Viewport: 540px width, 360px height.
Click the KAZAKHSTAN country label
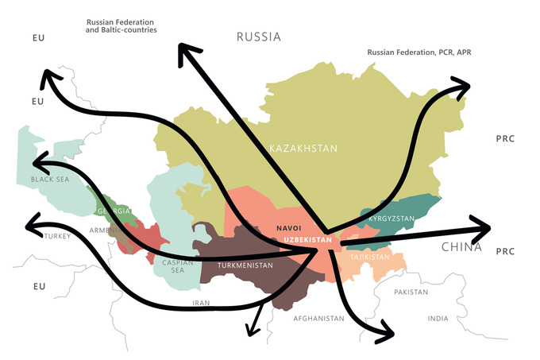tap(303, 149)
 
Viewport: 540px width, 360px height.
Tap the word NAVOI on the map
tap(289, 228)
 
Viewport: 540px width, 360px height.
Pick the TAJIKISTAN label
tap(370, 257)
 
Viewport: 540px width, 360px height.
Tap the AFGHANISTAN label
tap(318, 318)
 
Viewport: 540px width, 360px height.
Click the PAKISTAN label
tap(411, 292)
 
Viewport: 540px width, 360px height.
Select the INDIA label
tap(438, 318)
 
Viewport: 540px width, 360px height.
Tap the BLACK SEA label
tap(50, 180)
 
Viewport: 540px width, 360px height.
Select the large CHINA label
tap(462, 248)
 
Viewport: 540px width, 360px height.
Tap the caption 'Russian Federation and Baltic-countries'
tap(121, 25)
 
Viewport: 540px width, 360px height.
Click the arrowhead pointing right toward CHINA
tap(481, 229)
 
